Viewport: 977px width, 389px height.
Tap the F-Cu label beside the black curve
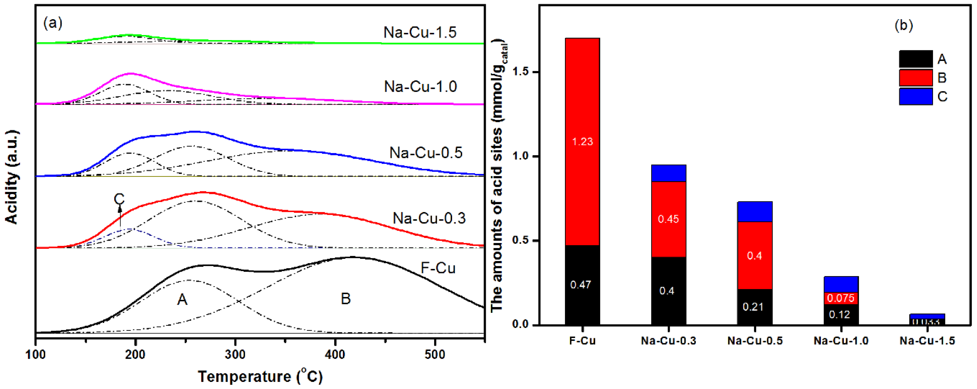[438, 268]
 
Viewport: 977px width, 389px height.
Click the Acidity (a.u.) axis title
[11, 177]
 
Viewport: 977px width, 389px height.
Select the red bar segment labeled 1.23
[582, 142]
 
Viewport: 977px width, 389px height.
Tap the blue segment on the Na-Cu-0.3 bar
[668, 173]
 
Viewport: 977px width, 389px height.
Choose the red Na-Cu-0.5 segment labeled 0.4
[754, 256]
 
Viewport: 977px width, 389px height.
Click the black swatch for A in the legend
[916, 59]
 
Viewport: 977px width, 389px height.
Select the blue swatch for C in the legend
[916, 96]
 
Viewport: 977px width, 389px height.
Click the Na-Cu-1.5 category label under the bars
[927, 341]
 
